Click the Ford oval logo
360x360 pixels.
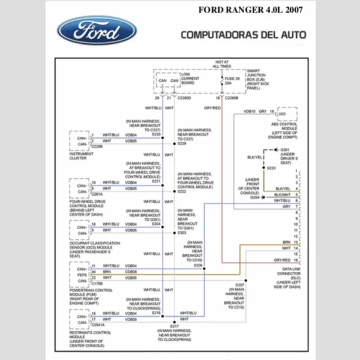click(97, 29)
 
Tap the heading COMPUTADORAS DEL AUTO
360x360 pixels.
click(243, 35)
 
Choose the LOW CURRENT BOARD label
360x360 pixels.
click(190, 79)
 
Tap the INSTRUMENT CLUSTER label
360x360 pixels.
click(82, 156)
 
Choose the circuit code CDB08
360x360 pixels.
click(131, 272)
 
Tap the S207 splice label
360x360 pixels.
click(239, 284)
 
